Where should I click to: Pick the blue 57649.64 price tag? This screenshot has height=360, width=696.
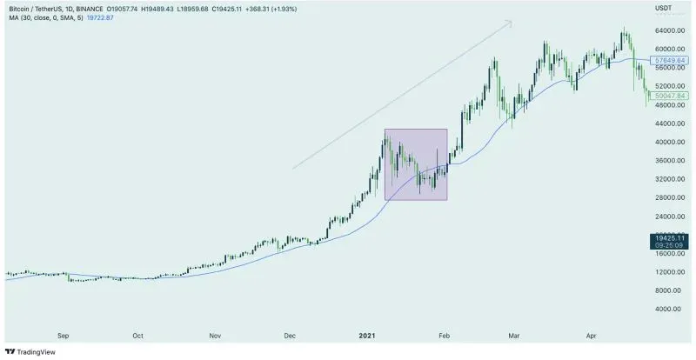click(666, 59)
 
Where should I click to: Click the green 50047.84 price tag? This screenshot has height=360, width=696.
click(666, 95)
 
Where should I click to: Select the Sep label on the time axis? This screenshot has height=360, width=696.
click(63, 334)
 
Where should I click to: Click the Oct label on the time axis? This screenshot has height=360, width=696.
click(138, 334)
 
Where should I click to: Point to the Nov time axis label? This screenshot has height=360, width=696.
click(215, 334)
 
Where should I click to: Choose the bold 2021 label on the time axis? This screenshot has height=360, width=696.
click(367, 334)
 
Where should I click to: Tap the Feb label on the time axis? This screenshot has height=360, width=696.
click(444, 334)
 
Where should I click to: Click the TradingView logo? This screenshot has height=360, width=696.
click(33, 351)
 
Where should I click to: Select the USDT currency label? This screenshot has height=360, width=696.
click(663, 7)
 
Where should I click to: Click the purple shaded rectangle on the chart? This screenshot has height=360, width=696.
click(416, 164)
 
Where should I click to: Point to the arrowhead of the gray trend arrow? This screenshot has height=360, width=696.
click(511, 22)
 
